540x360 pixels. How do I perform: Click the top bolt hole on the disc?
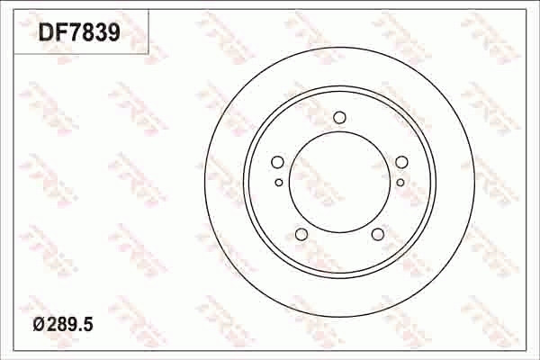click(x=339, y=117)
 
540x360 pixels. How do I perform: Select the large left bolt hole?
click(x=277, y=163)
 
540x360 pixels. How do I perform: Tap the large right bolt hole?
click(x=401, y=163)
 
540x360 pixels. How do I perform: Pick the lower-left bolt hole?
click(x=301, y=235)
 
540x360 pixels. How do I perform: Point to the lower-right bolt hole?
click(x=378, y=235)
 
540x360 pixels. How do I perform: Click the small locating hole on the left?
click(x=279, y=182)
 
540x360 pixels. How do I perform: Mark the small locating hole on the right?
click(x=400, y=182)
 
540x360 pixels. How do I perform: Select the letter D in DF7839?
click(x=46, y=32)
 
